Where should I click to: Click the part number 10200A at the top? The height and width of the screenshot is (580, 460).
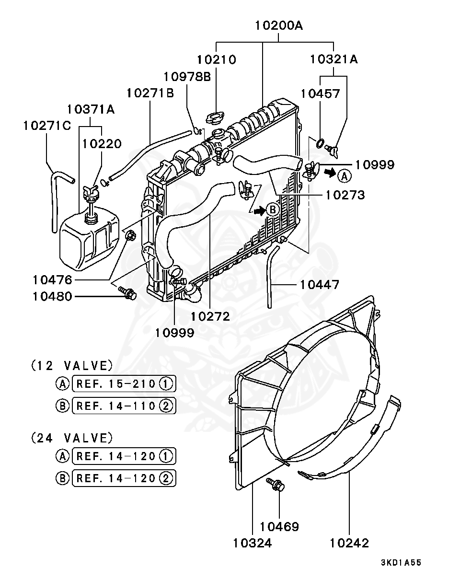[x=279, y=26]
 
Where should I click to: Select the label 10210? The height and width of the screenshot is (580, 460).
[x=217, y=59]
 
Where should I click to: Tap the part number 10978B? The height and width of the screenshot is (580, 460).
[x=187, y=77]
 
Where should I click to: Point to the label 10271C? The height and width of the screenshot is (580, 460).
[x=47, y=126]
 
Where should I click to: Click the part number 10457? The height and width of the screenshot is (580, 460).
[x=320, y=93]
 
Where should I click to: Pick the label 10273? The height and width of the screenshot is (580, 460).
[x=345, y=195]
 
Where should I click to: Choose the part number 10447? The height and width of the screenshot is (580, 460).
[x=320, y=285]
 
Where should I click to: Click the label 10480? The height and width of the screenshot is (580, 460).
[x=53, y=296]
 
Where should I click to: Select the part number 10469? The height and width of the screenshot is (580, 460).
[x=279, y=526]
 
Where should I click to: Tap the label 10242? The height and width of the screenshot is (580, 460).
[x=349, y=543]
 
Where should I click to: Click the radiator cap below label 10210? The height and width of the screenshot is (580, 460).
[x=215, y=118]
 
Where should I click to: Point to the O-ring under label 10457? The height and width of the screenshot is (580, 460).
[x=320, y=143]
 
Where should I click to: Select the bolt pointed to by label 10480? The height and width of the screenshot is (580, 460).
[x=127, y=292]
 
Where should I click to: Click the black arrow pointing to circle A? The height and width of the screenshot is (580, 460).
[x=330, y=173]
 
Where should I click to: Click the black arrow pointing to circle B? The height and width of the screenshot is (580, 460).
[x=259, y=210]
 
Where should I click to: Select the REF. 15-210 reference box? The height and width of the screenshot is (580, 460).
[x=124, y=383]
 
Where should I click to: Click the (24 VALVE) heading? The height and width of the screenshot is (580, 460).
[x=72, y=438]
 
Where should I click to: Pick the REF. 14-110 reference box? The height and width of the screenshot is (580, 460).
[x=124, y=406]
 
